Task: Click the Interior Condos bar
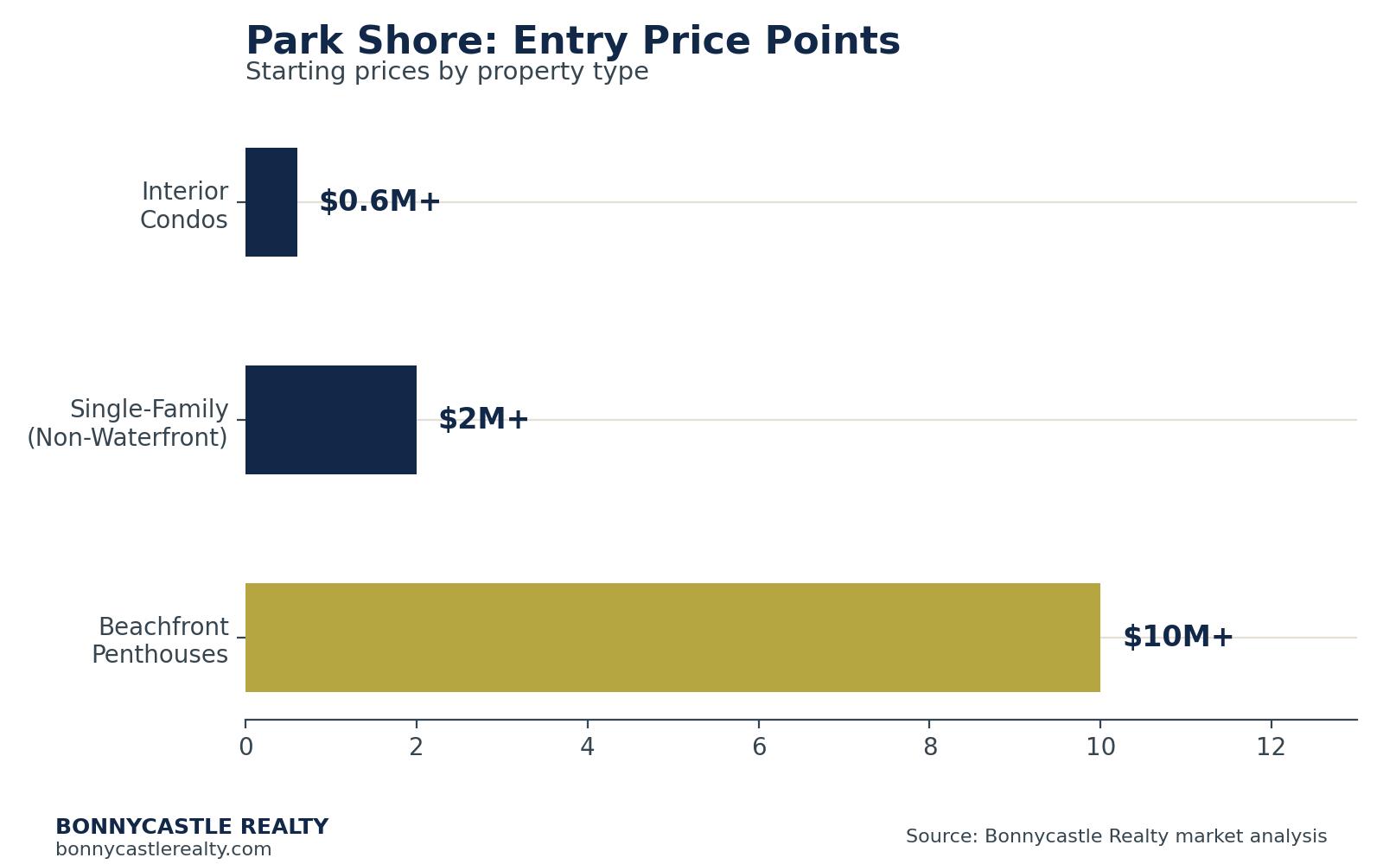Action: pyautogui.click(x=271, y=202)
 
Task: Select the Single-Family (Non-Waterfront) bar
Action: pyautogui.click(x=331, y=420)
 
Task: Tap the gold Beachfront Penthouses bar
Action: pyautogui.click(x=673, y=638)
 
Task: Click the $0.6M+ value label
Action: pyautogui.click(x=379, y=201)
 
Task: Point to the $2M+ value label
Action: pyautogui.click(x=483, y=419)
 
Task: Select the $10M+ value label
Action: pyautogui.click(x=1178, y=636)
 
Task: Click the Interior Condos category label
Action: pyautogui.click(x=184, y=206)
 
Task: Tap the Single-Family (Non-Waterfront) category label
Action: pyautogui.click(x=128, y=423)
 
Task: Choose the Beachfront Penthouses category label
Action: pyautogui.click(x=161, y=640)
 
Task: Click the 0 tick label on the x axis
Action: pyautogui.click(x=245, y=747)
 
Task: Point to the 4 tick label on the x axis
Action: pyautogui.click(x=587, y=747)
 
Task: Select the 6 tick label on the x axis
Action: pyautogui.click(x=759, y=747)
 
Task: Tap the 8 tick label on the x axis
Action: pyautogui.click(x=930, y=747)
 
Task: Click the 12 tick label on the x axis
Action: pyautogui.click(x=1271, y=747)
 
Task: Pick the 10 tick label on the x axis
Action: pyautogui.click(x=1100, y=747)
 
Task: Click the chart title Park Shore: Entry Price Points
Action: pyautogui.click(x=573, y=41)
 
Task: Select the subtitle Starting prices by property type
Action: pyautogui.click(x=447, y=72)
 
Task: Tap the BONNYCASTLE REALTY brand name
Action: pyautogui.click(x=192, y=826)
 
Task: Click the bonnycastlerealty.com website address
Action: pyautogui.click(x=163, y=849)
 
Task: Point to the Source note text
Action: pyautogui.click(x=1116, y=836)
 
